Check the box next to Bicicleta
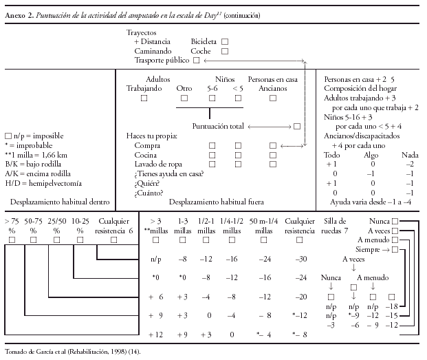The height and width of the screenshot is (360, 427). (x=225, y=41)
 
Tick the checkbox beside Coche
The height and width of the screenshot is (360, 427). (x=225, y=51)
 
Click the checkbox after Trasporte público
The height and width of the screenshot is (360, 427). (x=197, y=61)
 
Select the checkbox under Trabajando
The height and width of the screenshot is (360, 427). (x=144, y=98)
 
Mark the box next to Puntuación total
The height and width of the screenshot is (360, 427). (x=296, y=127)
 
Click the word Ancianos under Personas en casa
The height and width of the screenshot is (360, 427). (x=273, y=89)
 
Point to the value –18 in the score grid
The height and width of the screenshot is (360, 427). (x=392, y=305)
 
